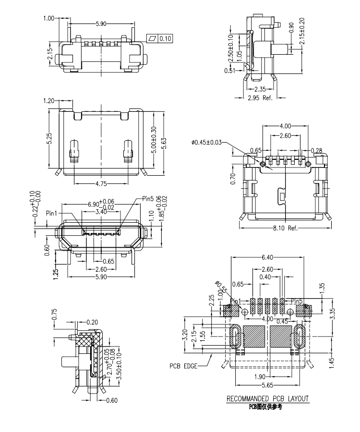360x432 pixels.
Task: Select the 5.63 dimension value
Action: [164, 141]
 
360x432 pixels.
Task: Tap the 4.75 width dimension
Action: [101, 183]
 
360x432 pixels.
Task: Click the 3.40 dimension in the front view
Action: [101, 212]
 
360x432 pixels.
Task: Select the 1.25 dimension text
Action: [56, 274]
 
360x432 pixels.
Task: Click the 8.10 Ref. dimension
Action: [286, 228]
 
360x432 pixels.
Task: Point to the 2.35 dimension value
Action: [260, 89]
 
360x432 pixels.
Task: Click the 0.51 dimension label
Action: [229, 71]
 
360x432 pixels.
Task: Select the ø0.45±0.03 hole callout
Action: [207, 142]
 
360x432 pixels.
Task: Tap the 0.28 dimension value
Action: [317, 151]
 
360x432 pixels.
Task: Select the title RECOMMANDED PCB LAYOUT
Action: [268, 399]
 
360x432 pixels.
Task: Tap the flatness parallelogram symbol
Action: [153, 38]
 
